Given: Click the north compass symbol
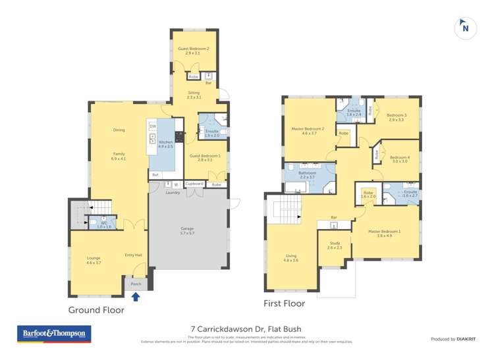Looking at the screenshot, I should click(x=466, y=28).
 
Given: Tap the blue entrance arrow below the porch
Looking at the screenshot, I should click(x=136, y=296).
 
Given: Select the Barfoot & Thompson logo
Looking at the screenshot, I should click(x=54, y=334).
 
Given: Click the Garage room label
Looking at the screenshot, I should click(x=188, y=231).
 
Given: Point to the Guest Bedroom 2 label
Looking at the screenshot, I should click(x=194, y=51).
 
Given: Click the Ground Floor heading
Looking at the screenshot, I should click(x=96, y=309).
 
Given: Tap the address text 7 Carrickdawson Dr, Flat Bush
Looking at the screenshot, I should click(x=246, y=328).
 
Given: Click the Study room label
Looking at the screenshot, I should click(x=335, y=245).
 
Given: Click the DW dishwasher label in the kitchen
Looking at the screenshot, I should click(x=152, y=126).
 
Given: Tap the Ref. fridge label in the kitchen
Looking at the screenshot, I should click(x=155, y=174).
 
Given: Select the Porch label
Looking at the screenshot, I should click(x=136, y=284).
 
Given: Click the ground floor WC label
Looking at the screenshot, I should click(x=104, y=224).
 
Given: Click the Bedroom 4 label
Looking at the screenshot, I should click(x=399, y=159).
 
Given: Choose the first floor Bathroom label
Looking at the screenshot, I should click(x=308, y=174).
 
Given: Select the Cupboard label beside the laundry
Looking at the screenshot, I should click(x=194, y=184).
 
